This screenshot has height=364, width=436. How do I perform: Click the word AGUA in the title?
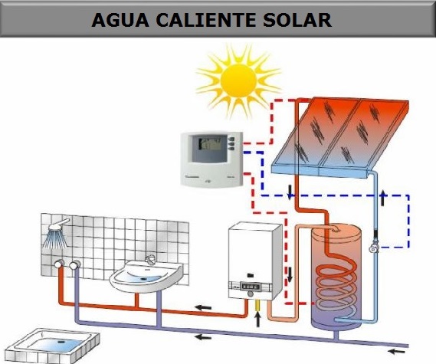point(120,20)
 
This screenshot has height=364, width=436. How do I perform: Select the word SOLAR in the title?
point(297,20)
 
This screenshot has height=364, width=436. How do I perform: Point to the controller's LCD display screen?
point(210,149)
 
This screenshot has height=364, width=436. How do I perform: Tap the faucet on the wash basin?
point(150,261)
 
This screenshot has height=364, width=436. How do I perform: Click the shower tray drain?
point(61,341)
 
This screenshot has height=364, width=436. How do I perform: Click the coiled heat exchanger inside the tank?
point(336,287)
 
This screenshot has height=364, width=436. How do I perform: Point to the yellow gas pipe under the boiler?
point(257,305)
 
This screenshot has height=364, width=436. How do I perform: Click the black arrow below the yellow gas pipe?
point(257,320)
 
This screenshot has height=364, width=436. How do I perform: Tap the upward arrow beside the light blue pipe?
point(383,198)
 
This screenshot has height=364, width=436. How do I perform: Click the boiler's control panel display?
point(250,287)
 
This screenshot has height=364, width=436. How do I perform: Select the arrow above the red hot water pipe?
point(203,307)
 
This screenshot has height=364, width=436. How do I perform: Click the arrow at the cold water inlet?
point(396,351)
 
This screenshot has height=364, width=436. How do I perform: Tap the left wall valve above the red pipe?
point(59,264)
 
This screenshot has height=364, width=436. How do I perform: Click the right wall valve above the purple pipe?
point(74,265)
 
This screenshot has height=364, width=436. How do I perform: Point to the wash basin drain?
point(144,278)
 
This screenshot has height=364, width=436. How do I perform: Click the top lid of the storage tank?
point(336,233)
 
